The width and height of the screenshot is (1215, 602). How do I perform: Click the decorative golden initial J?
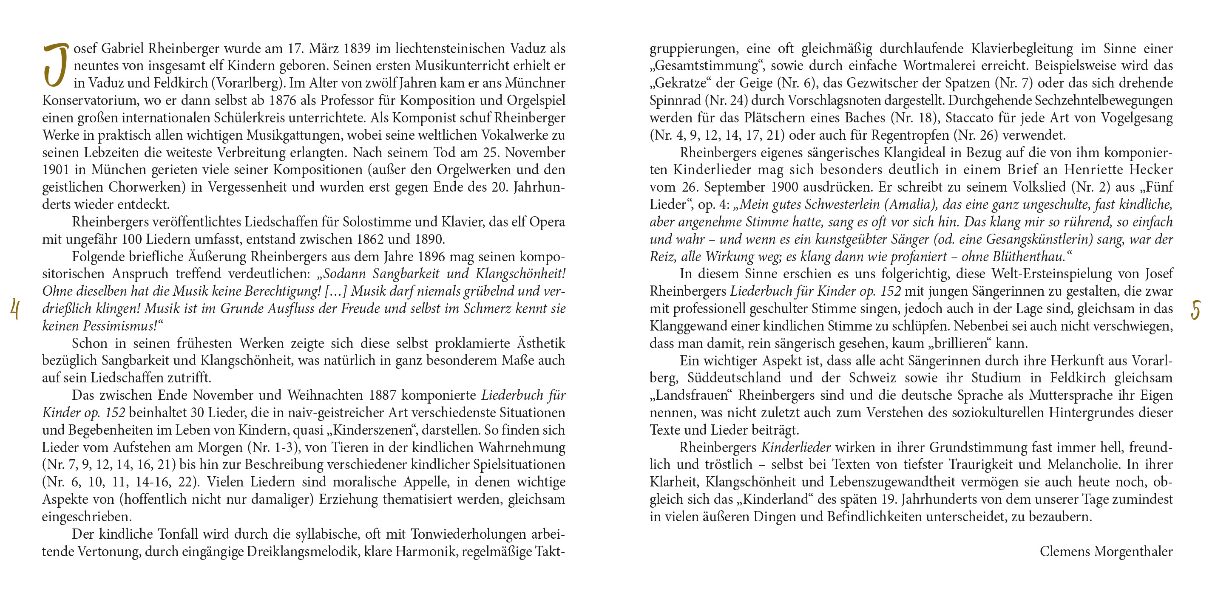coord(56,65)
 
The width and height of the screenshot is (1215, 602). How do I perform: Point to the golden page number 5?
coord(1196,310)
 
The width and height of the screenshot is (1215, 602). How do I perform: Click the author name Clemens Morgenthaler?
coord(1106,551)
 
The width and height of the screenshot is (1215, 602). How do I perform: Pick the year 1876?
coord(283,100)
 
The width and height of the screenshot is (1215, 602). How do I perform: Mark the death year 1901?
coord(55,170)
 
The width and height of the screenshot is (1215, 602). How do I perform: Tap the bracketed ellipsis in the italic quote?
coord(335,291)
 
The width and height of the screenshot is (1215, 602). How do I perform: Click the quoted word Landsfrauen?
coord(690,395)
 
